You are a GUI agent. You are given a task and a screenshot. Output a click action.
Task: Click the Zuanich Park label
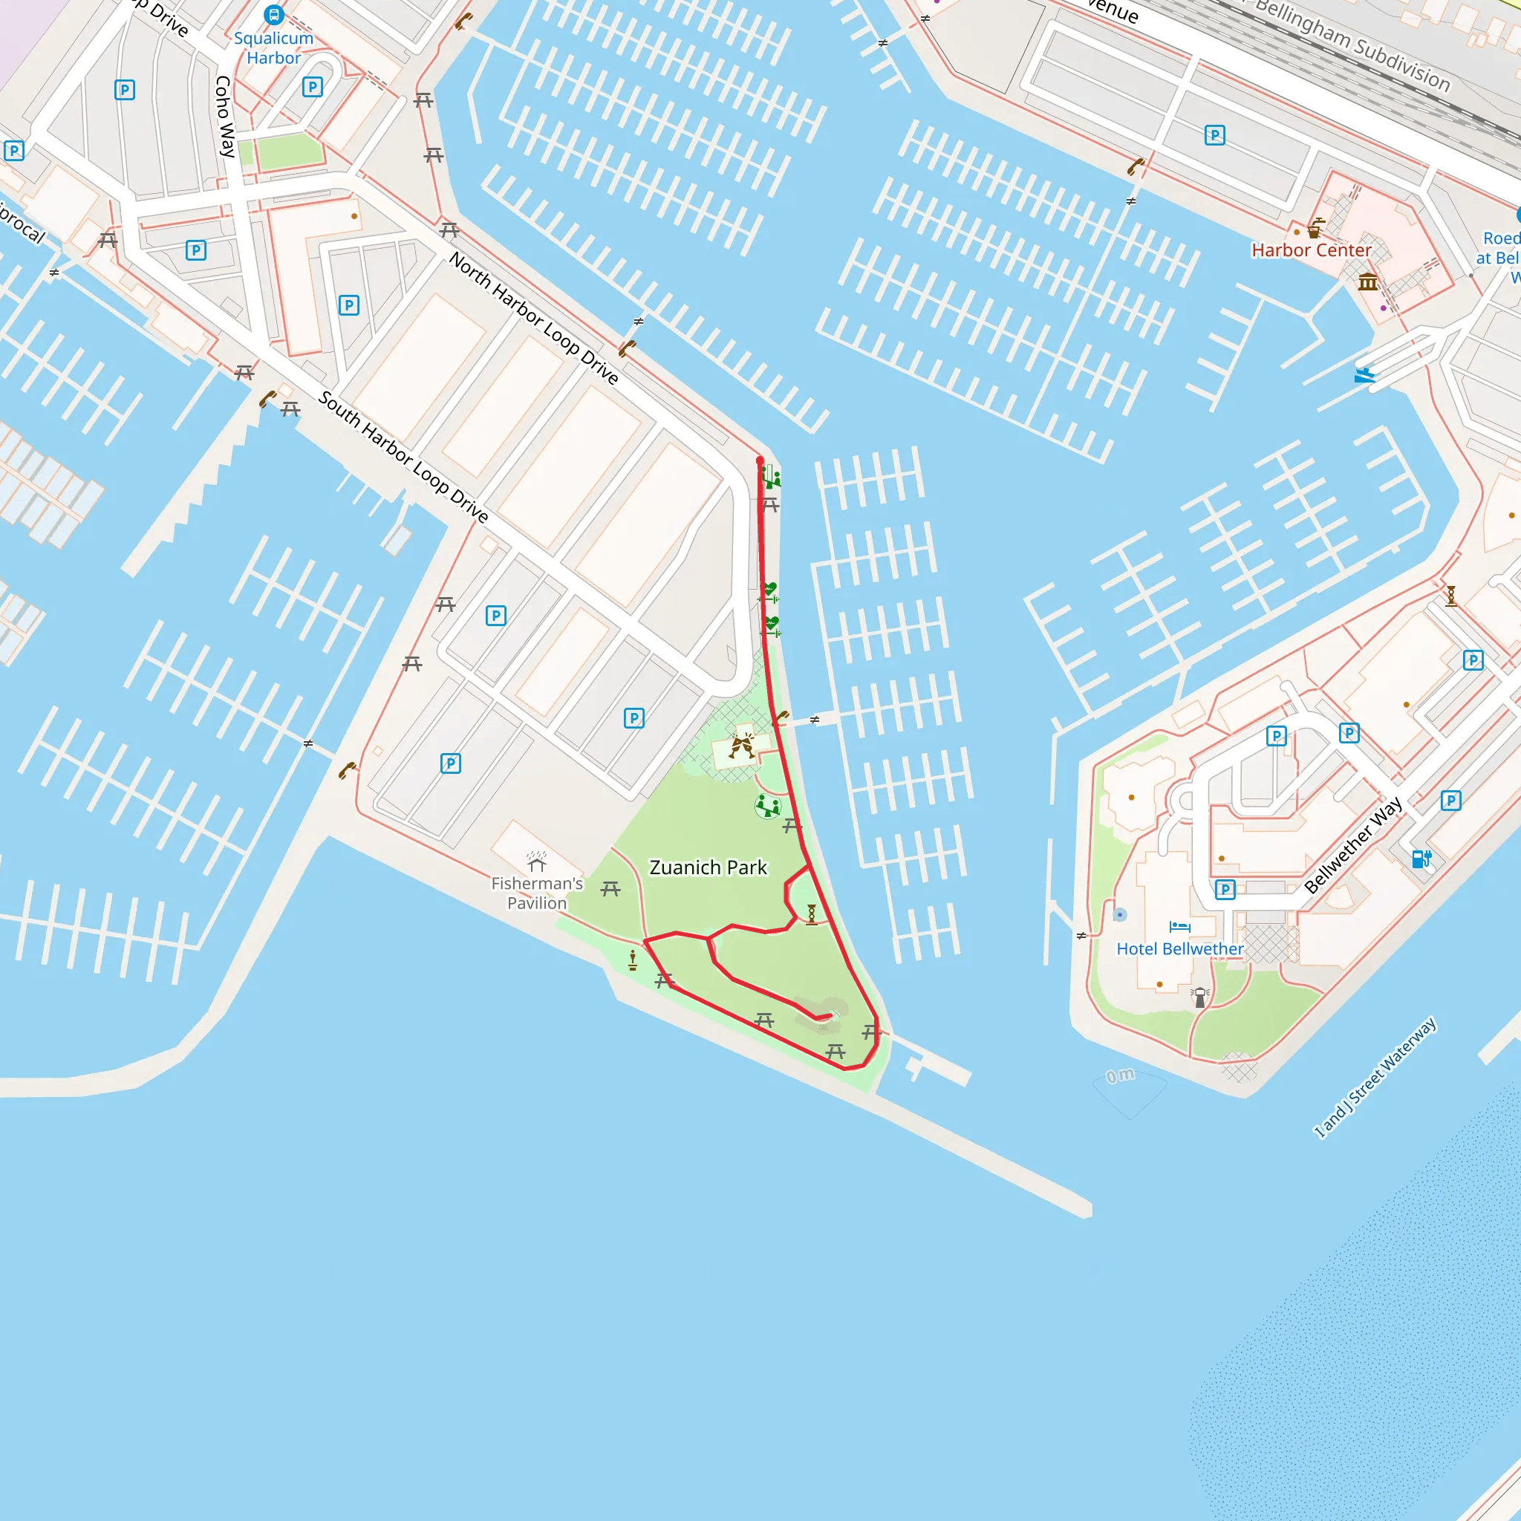pos(708,867)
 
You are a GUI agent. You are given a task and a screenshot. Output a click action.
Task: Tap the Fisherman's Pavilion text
pos(537,893)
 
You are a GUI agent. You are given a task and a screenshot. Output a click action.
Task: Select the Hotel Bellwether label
pos(1179,949)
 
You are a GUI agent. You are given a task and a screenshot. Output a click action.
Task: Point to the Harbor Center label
pos(1311,250)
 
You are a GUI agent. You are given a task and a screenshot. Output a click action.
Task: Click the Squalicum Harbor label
pos(273,48)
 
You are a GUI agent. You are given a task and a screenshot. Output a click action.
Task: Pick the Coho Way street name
pos(225,117)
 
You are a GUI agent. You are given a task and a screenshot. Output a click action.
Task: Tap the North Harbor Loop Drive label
pos(534,317)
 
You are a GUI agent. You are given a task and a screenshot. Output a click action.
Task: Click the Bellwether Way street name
pos(1352,844)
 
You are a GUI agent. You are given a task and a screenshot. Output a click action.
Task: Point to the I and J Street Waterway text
pos(1375,1077)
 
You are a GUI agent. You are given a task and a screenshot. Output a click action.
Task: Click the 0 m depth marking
pos(1120,1075)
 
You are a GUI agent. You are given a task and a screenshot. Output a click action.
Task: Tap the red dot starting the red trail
pos(760,460)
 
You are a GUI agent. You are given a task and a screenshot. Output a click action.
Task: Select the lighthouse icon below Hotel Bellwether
pos(1200,997)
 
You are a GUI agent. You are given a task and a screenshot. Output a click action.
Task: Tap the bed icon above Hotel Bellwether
pos(1179,927)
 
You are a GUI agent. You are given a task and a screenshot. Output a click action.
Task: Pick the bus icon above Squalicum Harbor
pos(273,14)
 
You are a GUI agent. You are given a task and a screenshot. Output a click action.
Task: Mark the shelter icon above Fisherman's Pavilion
pos(537,862)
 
